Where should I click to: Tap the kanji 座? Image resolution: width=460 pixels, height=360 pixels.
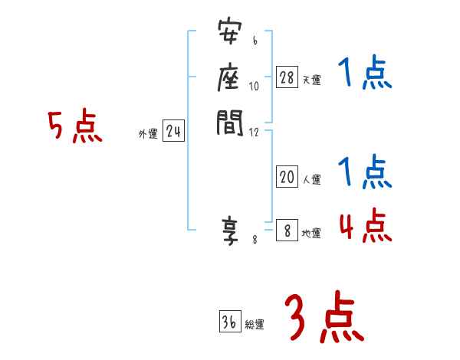tap(229, 77)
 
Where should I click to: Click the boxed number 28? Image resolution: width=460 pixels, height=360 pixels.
tap(287, 77)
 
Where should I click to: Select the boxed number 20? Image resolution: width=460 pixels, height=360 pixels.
tap(287, 177)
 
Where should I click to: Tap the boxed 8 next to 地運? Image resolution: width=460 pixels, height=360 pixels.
tap(287, 231)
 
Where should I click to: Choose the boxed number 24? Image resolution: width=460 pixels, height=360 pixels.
tap(173, 132)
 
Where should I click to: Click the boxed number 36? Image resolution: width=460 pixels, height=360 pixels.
tap(229, 322)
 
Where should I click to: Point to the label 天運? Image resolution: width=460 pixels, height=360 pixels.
tap(311, 80)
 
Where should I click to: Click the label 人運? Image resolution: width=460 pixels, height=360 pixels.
tap(311, 180)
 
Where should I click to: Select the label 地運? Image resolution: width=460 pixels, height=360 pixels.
tap(311, 234)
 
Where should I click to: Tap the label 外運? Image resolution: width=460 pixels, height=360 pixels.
tap(148, 134)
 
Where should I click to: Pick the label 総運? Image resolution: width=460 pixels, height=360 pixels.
tap(255, 325)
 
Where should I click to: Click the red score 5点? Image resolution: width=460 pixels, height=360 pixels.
tap(74, 126)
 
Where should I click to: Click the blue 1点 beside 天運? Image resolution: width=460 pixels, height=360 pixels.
tap(365, 76)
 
